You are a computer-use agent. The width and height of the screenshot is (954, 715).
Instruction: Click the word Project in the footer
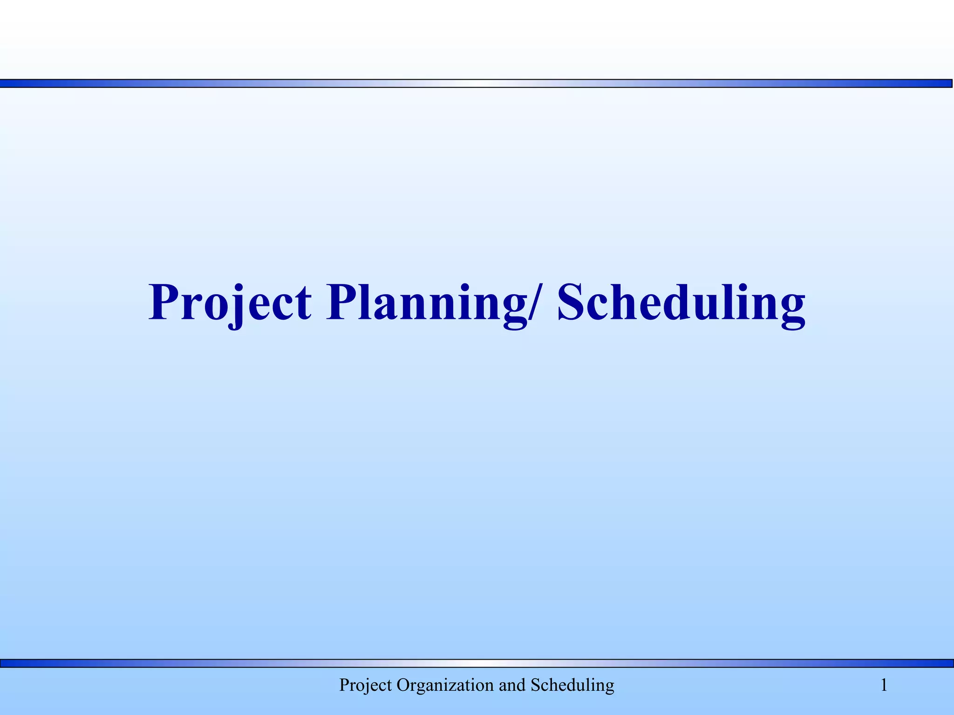click(x=365, y=685)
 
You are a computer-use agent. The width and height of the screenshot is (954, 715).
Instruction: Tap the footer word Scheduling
click(x=572, y=685)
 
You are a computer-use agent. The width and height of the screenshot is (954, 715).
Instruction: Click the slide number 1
click(x=884, y=685)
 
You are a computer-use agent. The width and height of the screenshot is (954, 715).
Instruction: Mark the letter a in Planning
click(x=391, y=307)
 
